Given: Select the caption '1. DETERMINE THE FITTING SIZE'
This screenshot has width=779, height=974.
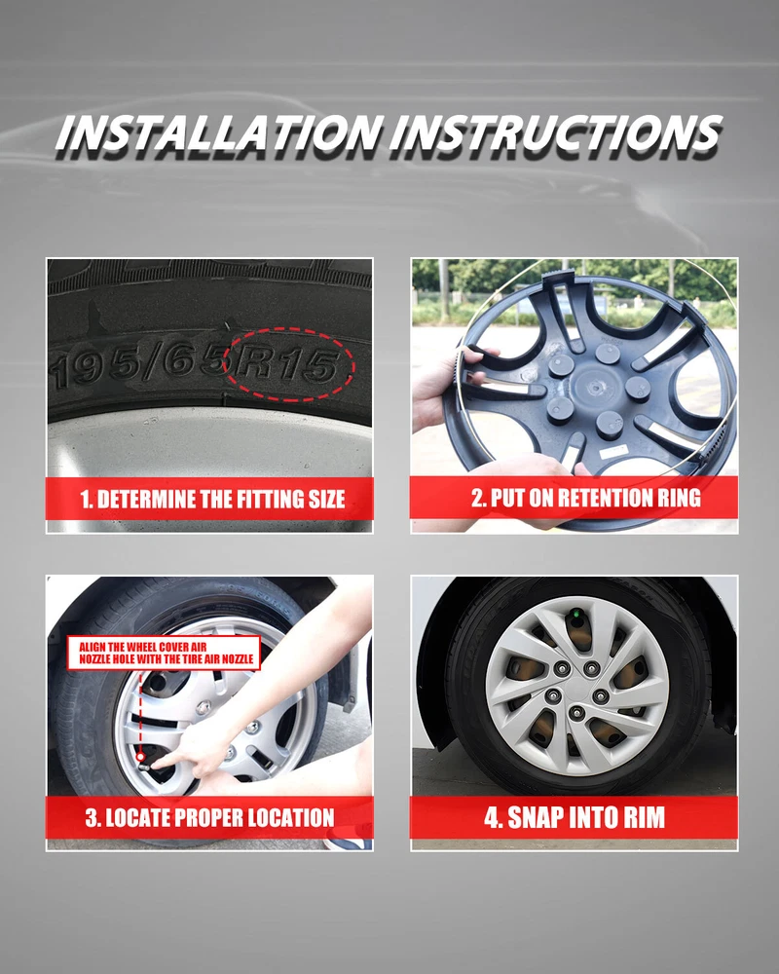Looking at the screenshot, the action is coord(212,500).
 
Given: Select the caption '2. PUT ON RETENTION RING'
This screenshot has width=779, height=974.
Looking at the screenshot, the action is coord(586,498).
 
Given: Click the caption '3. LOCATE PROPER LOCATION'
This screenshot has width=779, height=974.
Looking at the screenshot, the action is coord(210,817).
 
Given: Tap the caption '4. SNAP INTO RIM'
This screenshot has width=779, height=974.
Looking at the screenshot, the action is coord(575,817).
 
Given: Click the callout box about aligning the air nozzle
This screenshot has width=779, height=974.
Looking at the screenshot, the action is coord(164,653).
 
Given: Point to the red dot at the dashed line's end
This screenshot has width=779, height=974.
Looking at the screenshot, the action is coord(140,757).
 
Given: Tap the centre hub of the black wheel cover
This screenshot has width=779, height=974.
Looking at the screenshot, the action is coord(591,389).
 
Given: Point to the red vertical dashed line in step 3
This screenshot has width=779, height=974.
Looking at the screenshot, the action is coord(140,712).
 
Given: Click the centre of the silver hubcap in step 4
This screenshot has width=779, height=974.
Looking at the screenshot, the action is coord(576,686).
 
